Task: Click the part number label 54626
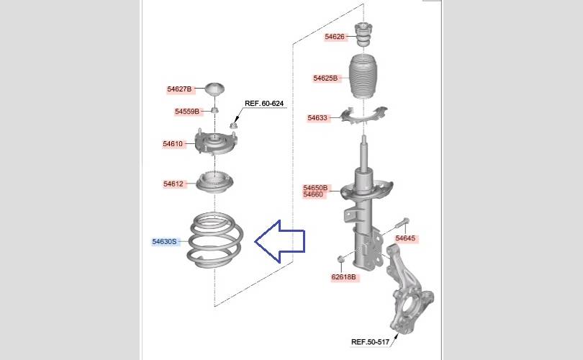335,37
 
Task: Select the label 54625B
325,78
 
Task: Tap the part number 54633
317,118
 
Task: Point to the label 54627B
179,89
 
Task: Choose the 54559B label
187,112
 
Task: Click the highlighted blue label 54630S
164,242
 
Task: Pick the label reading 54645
405,238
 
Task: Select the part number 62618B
343,277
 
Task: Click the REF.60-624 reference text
264,104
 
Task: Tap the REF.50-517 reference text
371,342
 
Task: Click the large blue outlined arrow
279,241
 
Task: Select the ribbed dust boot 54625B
363,77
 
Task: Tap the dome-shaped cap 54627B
215,89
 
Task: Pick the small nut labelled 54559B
214,110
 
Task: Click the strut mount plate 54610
216,143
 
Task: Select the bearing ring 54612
214,182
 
